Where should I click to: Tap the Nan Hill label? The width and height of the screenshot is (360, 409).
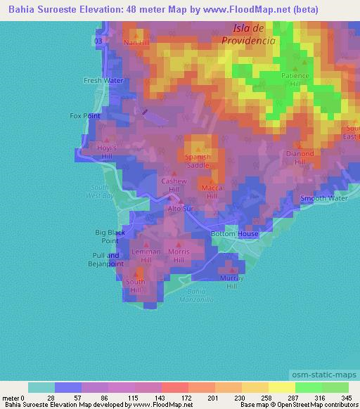[136, 42]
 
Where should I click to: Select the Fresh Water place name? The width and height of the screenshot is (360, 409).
[103, 81]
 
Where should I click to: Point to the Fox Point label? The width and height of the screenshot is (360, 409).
[85, 115]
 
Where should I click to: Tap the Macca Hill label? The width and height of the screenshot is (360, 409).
[212, 192]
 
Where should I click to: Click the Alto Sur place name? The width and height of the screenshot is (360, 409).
[179, 209]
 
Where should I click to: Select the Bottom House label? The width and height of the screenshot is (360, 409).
[235, 234]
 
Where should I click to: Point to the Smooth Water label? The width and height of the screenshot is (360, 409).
[324, 199]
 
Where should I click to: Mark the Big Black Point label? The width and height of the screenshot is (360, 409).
[110, 235]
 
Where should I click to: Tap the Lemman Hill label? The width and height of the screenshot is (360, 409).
[146, 255]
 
